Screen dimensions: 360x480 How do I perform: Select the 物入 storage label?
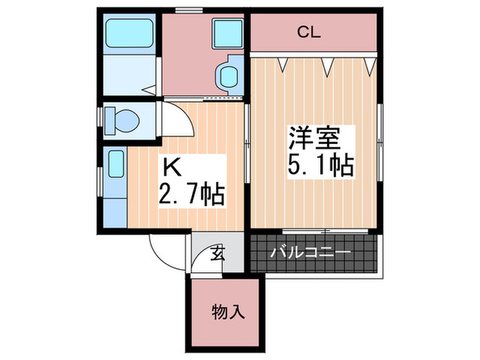click(227, 314)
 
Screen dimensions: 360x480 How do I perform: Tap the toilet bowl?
click(124, 121)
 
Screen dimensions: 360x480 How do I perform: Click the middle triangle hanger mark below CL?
click(327, 65)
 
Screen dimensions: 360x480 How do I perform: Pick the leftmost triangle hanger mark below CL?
click(282, 64)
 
